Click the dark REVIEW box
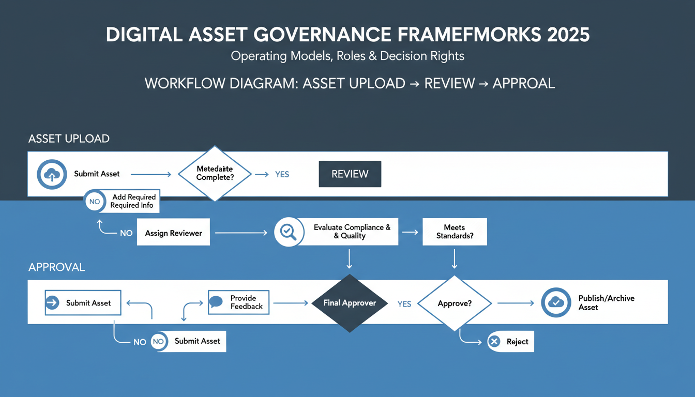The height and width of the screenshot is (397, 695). coord(350,174)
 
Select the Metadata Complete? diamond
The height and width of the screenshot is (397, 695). coord(215,173)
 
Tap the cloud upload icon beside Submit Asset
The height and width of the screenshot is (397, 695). coord(51,174)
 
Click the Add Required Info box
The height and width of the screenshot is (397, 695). coord(132,201)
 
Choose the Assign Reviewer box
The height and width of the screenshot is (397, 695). coord(173,233)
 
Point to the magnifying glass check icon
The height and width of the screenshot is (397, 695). coord(288,231)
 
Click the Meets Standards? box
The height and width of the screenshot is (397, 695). coord(455,232)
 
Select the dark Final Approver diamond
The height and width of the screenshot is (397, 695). coord(350,303)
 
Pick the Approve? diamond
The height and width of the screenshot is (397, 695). coord(455,303)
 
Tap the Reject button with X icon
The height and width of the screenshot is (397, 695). coord(510,342)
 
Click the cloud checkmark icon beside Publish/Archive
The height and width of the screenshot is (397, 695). coord(556,303)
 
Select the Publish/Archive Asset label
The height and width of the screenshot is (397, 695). coord(606,303)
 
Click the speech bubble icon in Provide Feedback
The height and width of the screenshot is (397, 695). coord(216,302)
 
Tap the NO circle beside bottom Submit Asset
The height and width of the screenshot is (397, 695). coord(158,342)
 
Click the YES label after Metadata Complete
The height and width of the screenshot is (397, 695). coord(282,175)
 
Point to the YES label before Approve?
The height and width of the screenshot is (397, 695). coord(404,304)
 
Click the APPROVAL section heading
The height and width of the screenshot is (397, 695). coord(56,267)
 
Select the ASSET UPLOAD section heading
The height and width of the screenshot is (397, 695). coord(69,139)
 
